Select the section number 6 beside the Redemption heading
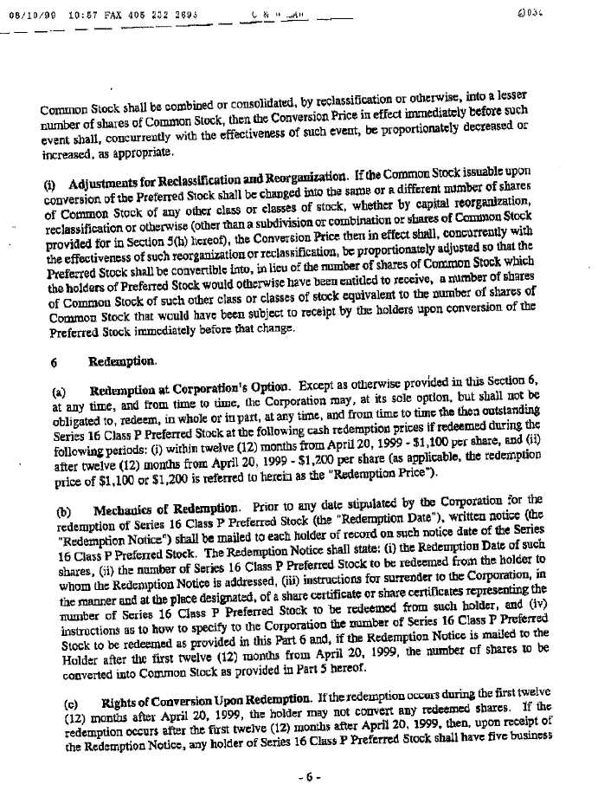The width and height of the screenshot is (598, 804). (x=55, y=360)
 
